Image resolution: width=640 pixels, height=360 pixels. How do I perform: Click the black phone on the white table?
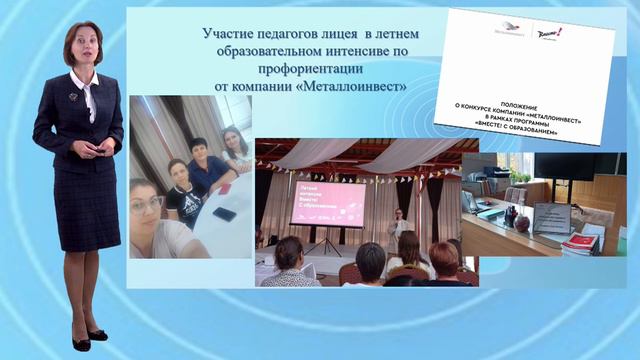tap(224, 214)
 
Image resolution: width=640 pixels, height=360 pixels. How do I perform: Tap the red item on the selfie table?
tap(224, 188)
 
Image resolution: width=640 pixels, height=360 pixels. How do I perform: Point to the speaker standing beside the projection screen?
tap(399, 226)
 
